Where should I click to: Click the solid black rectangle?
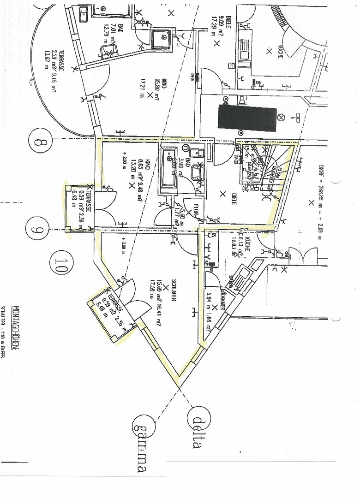[x=247, y=118]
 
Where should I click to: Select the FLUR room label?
[x=196, y=208]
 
